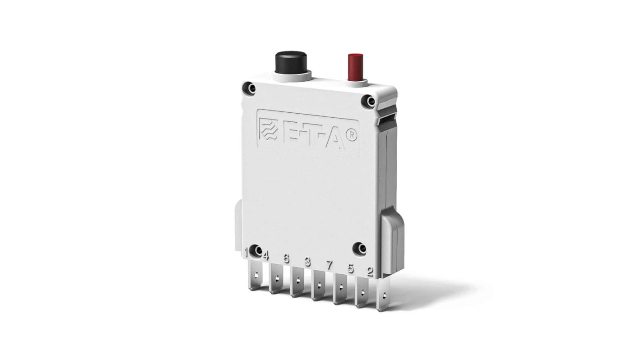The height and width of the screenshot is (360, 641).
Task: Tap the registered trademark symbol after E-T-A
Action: click(x=351, y=136)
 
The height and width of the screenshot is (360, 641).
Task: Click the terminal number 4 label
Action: click(x=265, y=256)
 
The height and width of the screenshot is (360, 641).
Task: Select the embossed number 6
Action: click(x=286, y=258)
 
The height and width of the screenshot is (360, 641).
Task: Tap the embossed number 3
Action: click(x=307, y=262)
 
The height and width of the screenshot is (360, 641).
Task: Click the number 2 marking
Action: click(x=370, y=272)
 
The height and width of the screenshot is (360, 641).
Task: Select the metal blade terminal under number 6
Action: click(x=297, y=285)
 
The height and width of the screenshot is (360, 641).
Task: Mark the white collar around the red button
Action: click(x=355, y=83)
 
